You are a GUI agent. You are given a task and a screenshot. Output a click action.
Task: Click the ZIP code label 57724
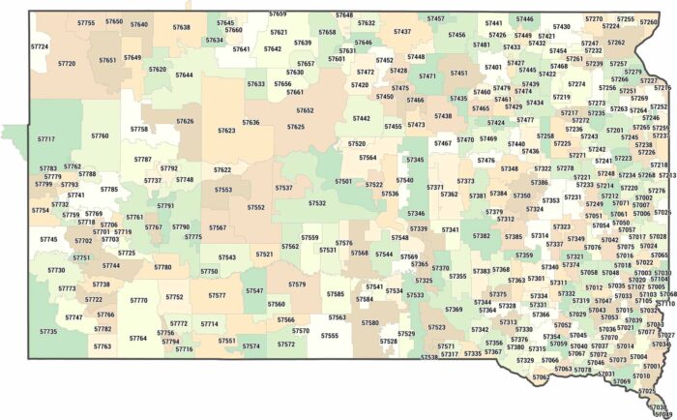40,45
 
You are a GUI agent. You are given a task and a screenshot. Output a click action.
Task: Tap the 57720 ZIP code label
67,63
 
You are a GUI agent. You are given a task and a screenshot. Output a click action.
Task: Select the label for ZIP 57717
45,139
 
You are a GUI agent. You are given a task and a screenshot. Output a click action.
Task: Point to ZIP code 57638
182,27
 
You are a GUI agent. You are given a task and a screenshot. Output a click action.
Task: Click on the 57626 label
185,122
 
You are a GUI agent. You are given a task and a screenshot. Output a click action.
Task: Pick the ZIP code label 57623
226,130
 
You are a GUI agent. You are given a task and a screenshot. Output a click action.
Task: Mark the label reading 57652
305,110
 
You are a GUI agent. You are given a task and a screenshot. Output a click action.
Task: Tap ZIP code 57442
361,118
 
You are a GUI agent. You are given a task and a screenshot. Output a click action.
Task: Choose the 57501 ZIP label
343,181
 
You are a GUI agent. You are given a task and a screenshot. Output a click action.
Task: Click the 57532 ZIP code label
317,203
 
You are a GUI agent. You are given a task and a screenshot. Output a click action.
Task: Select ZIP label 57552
255,206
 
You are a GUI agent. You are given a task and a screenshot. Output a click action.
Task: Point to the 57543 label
227,257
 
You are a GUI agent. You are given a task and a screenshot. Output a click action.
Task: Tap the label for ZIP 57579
297,285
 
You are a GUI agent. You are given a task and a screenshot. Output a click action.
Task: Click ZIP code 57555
330,335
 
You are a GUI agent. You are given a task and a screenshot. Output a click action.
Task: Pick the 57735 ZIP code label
48,331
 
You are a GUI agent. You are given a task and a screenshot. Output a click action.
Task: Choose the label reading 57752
174,297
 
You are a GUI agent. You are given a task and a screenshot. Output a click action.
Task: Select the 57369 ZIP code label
454,310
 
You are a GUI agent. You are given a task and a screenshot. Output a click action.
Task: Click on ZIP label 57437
402,31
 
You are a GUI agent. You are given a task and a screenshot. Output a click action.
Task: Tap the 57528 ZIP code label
389,341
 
